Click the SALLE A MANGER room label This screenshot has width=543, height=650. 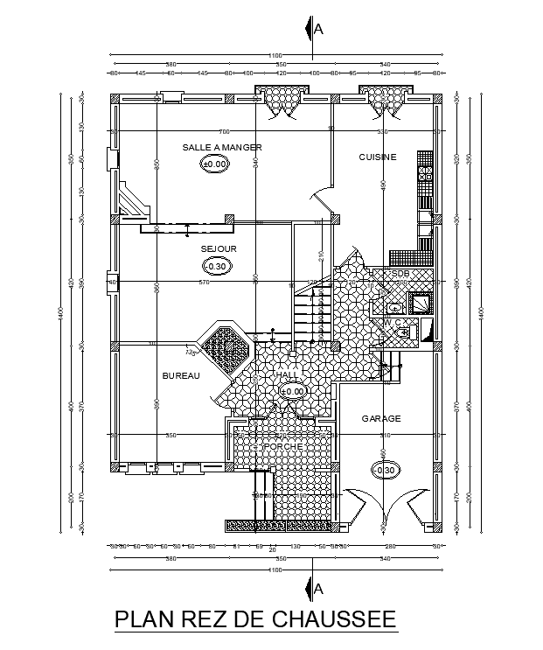click(222, 147)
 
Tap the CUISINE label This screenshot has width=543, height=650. click(378, 157)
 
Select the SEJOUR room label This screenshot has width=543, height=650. click(219, 248)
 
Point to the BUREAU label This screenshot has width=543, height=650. click(181, 376)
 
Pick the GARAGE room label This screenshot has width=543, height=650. click(381, 419)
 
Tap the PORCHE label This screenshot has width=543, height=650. click(285, 447)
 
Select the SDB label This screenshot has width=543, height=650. click(400, 274)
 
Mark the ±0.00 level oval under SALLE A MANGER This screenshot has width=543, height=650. click(215, 164)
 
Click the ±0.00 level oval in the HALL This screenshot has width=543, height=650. click(293, 391)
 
